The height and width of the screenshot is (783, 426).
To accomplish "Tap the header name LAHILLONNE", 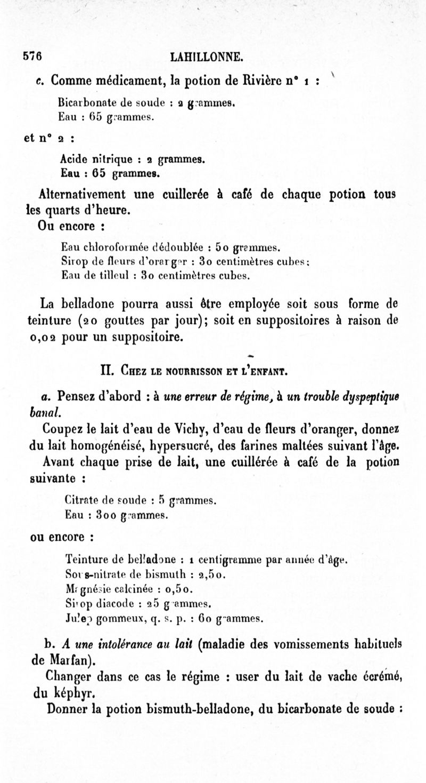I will (212, 57).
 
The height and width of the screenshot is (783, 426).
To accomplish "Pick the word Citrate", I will (79, 500).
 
